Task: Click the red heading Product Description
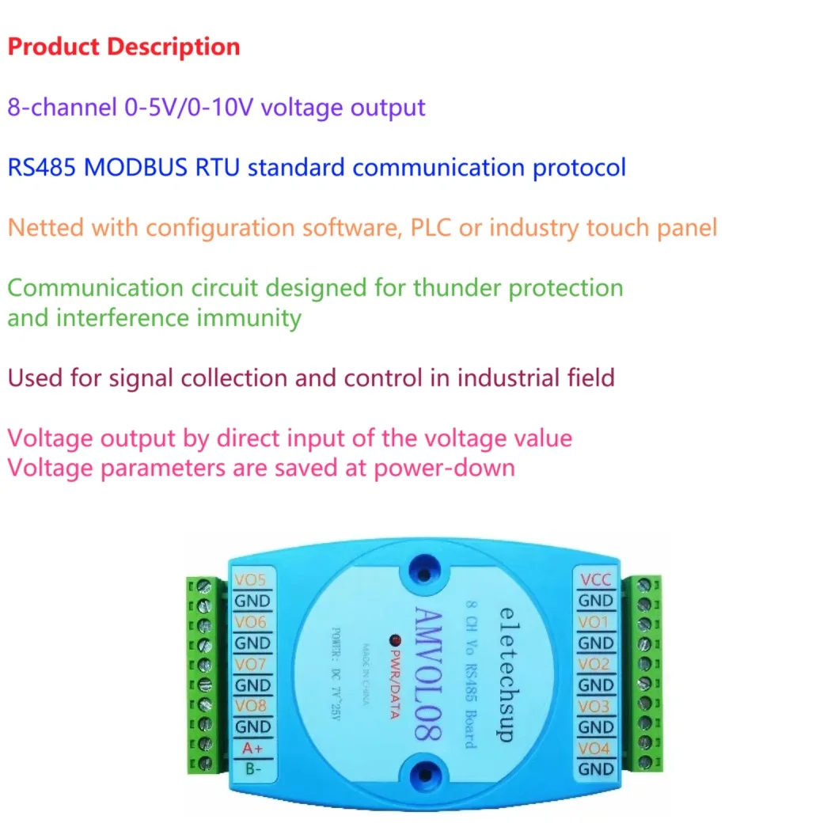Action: (123, 47)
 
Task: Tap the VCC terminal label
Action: (595, 580)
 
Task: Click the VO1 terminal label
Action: (595, 622)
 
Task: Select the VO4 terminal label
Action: (595, 748)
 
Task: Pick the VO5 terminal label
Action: (251, 580)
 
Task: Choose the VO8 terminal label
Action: (251, 706)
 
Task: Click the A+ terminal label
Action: (251, 748)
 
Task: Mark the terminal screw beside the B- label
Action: (205, 765)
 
